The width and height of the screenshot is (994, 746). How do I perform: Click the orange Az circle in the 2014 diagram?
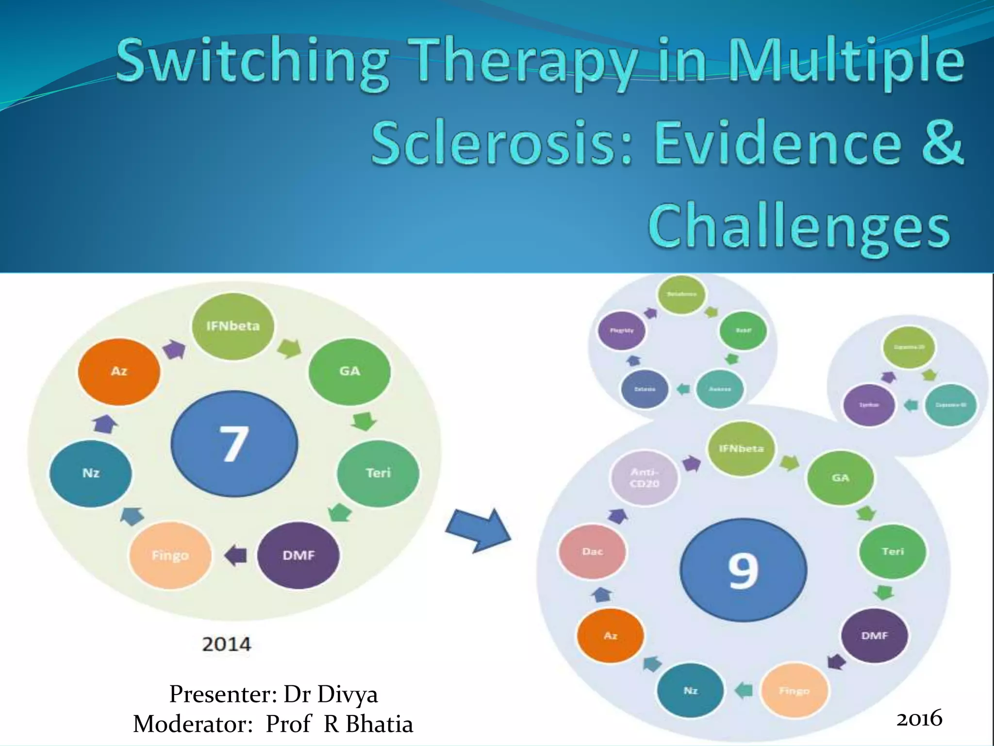pos(119,372)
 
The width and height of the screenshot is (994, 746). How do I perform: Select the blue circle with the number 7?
pos(234,443)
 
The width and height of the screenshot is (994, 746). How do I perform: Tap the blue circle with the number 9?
pos(743,570)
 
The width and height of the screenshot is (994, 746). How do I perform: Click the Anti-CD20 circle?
pos(644,477)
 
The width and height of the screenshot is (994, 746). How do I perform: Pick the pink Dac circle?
pos(592,551)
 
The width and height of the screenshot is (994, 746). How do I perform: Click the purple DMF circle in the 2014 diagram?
pos(298,555)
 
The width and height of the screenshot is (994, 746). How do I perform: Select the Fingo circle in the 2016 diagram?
pos(794,690)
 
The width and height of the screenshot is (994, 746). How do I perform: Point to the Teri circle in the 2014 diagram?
pos(378,473)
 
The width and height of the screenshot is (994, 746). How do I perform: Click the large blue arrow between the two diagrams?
pos(478,530)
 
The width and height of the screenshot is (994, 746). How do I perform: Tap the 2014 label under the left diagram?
pos(226,644)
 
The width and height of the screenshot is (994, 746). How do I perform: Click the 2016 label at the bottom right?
pos(919,718)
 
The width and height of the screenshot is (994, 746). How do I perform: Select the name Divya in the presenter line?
pos(347,694)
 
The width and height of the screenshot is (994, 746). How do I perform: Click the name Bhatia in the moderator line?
pos(379,724)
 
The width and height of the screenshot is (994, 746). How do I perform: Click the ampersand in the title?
pos(942,143)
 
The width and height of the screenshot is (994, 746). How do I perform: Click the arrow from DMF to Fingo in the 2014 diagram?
pos(236,555)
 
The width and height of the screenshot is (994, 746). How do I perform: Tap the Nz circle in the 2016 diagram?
pos(690,690)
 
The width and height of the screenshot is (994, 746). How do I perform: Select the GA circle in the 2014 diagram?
pos(349,372)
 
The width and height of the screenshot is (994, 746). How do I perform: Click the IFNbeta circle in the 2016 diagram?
pos(741,448)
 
